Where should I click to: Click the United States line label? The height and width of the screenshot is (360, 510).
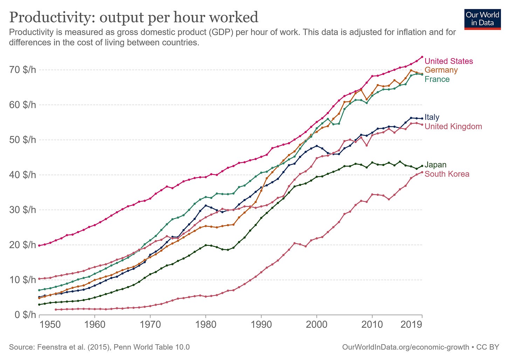(448, 61)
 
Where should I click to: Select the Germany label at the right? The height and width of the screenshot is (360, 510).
(441, 70)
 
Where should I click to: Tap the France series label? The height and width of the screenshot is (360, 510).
(437, 79)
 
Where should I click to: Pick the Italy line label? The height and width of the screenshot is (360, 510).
(432, 117)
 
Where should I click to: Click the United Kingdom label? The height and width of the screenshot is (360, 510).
(453, 126)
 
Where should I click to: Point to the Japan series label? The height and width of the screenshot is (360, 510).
(435, 165)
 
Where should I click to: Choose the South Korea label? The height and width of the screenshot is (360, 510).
(447, 174)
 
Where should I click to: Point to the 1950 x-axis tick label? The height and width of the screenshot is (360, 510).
(50, 324)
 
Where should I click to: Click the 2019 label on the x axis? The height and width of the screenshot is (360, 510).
(411, 324)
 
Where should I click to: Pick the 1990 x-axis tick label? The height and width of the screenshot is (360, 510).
(261, 324)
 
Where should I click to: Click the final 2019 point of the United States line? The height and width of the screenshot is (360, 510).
(422, 57)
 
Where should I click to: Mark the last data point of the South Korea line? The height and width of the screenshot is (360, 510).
(422, 172)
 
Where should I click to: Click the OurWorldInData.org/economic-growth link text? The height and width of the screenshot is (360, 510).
(405, 347)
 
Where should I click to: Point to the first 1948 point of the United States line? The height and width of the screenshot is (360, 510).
(39, 245)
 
